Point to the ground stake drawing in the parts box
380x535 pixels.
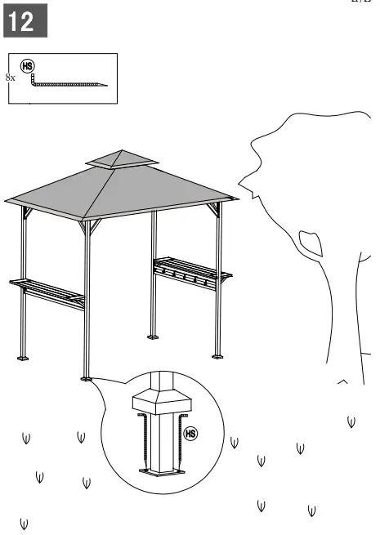(69, 82)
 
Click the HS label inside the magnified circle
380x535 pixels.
(190, 433)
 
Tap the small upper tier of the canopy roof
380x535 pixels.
(119, 159)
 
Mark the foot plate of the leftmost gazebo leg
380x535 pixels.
(24, 357)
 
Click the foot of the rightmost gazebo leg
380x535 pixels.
(217, 355)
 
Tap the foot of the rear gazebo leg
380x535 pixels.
(153, 335)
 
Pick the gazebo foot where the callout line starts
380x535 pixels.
(86, 378)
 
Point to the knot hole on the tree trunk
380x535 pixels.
(308, 242)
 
